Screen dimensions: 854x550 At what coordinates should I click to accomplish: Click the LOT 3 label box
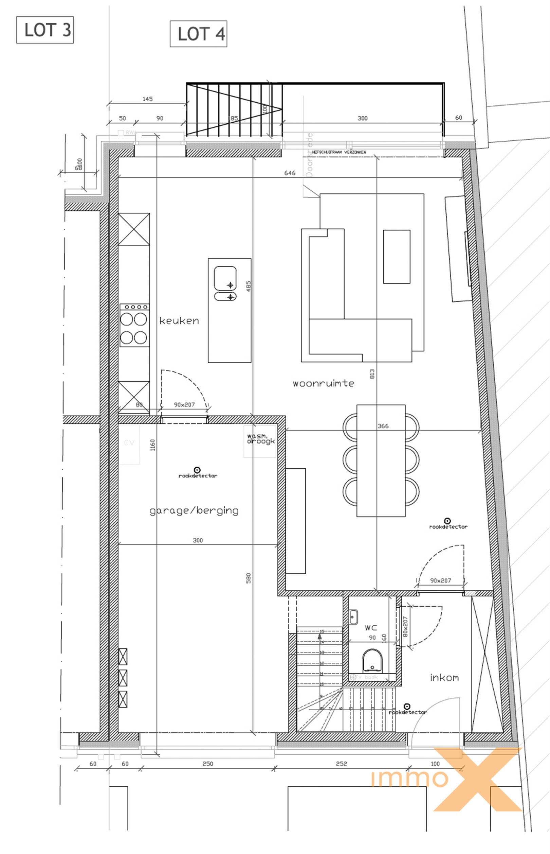[45, 30]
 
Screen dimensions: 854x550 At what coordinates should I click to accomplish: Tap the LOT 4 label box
[199, 34]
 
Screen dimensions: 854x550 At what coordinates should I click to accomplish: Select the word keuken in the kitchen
[179, 321]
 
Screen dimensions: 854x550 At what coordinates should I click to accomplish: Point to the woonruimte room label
[323, 384]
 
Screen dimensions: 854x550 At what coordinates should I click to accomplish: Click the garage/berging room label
[194, 510]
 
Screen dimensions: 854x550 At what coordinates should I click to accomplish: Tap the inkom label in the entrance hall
[444, 678]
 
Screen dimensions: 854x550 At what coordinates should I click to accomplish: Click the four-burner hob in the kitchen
[134, 326]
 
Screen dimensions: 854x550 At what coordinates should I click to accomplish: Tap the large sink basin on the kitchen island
[225, 278]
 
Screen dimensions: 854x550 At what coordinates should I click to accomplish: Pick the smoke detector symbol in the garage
[197, 470]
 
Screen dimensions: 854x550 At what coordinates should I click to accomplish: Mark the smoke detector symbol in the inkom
[407, 707]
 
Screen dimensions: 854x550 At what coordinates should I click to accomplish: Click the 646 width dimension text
[290, 173]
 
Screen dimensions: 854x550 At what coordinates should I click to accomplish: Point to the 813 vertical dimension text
[372, 374]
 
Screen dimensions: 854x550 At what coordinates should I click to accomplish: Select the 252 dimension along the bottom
[341, 764]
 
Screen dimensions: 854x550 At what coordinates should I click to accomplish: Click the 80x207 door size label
[405, 626]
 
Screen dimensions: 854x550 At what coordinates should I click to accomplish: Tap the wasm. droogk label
[261, 439]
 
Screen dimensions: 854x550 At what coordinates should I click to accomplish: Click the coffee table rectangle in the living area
[397, 257]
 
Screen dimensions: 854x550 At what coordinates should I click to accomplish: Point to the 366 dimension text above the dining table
[383, 426]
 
